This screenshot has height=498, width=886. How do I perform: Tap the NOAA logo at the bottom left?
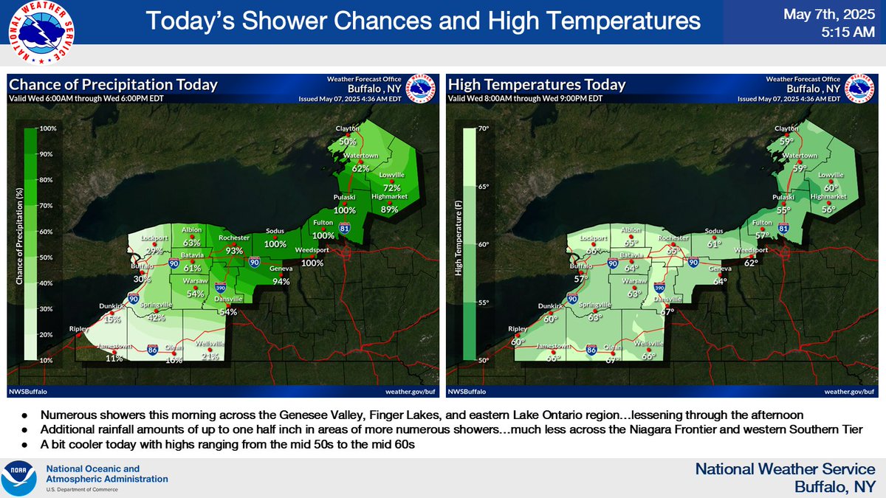coord(21,479)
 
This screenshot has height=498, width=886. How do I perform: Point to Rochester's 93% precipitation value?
coord(235,251)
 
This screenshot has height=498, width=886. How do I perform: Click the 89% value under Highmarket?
coord(389,209)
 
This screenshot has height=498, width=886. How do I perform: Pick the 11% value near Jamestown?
coord(114,358)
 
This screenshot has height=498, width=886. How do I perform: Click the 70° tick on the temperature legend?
coord(486,128)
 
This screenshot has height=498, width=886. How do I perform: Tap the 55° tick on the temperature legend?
coord(486,302)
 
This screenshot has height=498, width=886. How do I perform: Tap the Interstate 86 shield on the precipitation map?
coord(152,350)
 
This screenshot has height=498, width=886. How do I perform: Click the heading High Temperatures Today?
coord(537,85)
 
